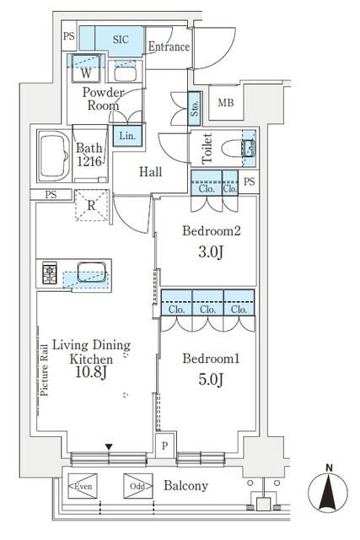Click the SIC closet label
coord(121,40)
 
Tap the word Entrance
coord(169,46)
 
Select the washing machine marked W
coord(86,68)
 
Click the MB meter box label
coord(226,102)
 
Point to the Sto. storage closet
coord(195,109)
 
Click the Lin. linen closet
coord(127,135)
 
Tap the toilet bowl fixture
coord(238,148)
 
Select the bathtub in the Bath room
coord(54,155)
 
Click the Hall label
coord(150,171)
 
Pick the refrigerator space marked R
coord(92,205)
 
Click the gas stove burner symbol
coord(50,273)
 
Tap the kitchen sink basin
coord(92,272)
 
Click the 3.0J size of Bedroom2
coord(211,251)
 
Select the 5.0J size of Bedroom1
coord(211,379)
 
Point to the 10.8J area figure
coord(91,372)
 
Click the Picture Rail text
coord(44,370)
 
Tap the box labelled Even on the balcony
coord(83,486)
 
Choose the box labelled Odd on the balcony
coord(138,486)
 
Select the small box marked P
coord(165,445)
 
